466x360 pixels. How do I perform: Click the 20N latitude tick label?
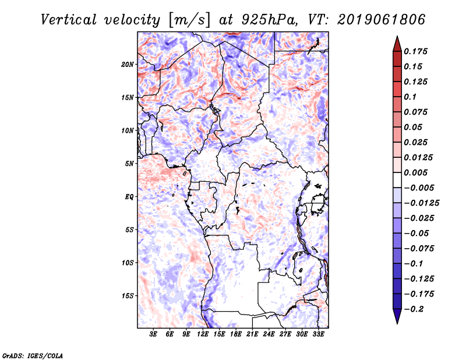pyautogui.click(x=128, y=64)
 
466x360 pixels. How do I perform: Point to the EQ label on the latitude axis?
pyautogui.click(x=129, y=196)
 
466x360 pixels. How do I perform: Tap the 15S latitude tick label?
pyautogui.click(x=128, y=295)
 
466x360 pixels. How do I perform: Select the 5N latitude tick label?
pyautogui.click(x=130, y=163)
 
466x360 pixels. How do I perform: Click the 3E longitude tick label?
pyautogui.click(x=154, y=334)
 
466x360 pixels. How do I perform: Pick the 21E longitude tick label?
pyautogui.click(x=252, y=334)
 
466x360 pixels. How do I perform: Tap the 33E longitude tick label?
pyautogui.click(x=318, y=334)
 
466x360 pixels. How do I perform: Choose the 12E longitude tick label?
pyautogui.click(x=203, y=334)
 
